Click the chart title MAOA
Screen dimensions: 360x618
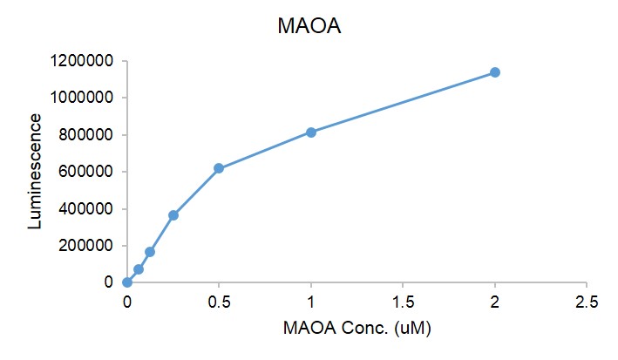(x=309, y=27)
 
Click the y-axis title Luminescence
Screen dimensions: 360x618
(x=35, y=171)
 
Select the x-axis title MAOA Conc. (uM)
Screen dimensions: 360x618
(x=357, y=329)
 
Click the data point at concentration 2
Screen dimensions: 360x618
(x=495, y=72)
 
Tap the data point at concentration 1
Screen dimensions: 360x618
(x=311, y=132)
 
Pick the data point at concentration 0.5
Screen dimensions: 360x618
(x=219, y=168)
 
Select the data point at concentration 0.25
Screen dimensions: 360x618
(x=173, y=215)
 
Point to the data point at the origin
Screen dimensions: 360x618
(x=127, y=282)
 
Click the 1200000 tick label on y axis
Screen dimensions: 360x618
(x=84, y=61)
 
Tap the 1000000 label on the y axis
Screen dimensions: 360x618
(x=84, y=98)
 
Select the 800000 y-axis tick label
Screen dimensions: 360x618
(x=87, y=135)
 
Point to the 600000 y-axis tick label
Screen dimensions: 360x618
(x=87, y=172)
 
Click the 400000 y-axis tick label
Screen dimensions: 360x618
(x=87, y=209)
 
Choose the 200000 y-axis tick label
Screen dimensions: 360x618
(x=87, y=246)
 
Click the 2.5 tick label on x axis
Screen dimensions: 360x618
(x=587, y=302)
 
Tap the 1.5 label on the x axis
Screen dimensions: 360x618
(x=403, y=302)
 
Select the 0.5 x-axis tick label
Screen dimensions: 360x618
(x=219, y=302)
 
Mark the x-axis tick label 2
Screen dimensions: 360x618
(x=495, y=302)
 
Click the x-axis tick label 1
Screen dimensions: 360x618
(x=311, y=302)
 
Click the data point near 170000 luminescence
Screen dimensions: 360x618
(x=150, y=252)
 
